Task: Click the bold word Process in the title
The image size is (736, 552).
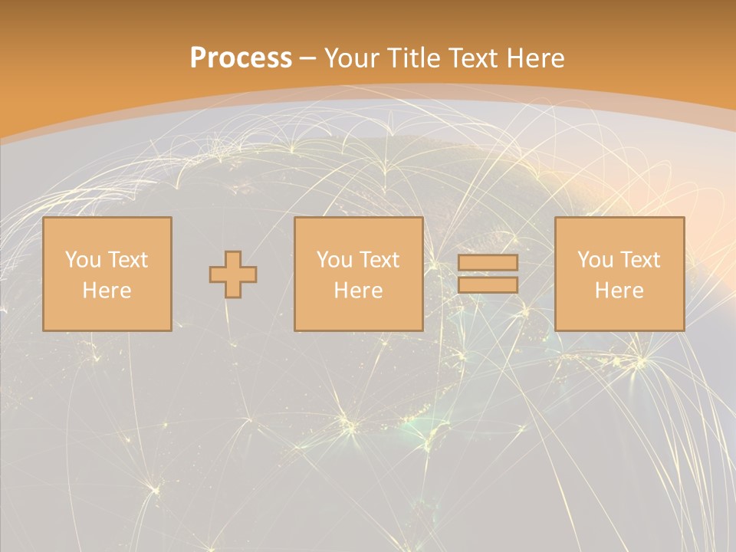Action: click(241, 58)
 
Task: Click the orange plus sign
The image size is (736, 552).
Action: click(233, 274)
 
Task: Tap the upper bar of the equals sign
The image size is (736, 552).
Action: click(488, 263)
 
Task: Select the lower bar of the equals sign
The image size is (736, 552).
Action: click(488, 285)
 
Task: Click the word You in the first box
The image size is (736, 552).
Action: click(83, 260)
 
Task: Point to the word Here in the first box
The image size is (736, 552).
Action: click(107, 291)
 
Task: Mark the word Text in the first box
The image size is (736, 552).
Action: click(127, 260)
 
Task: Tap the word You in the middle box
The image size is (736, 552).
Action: click(334, 260)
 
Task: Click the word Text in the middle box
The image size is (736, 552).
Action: click(379, 260)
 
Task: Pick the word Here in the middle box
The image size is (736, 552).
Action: click(358, 291)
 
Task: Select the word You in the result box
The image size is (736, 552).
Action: click(595, 260)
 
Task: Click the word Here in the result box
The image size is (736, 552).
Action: click(619, 291)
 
